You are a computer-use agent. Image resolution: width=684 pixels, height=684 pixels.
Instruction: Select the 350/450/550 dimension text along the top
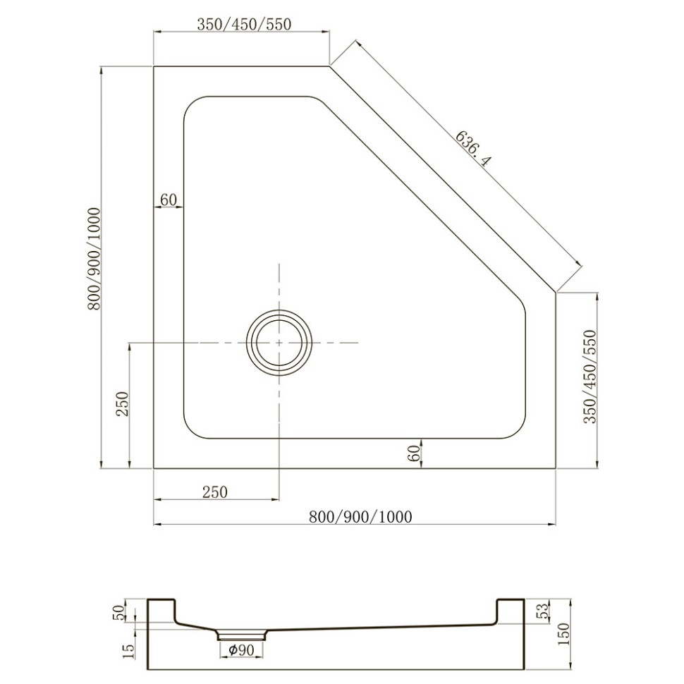click(x=244, y=24)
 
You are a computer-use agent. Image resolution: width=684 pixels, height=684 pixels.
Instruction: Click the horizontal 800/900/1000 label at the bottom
click(x=360, y=517)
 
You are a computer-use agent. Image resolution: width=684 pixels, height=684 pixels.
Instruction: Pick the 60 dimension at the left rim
click(x=168, y=200)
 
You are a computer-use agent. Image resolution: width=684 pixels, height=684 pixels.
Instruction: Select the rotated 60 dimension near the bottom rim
click(x=415, y=453)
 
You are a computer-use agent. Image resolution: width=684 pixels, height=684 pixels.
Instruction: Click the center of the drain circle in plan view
click(x=279, y=342)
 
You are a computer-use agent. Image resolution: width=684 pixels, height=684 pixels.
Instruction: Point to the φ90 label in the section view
click(x=241, y=651)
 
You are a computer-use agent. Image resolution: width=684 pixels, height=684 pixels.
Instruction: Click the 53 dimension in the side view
click(x=543, y=611)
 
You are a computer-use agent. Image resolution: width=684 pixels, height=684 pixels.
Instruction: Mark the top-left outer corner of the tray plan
click(x=154, y=66)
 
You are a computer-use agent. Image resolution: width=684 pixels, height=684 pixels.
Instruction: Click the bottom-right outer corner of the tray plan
click(x=556, y=468)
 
